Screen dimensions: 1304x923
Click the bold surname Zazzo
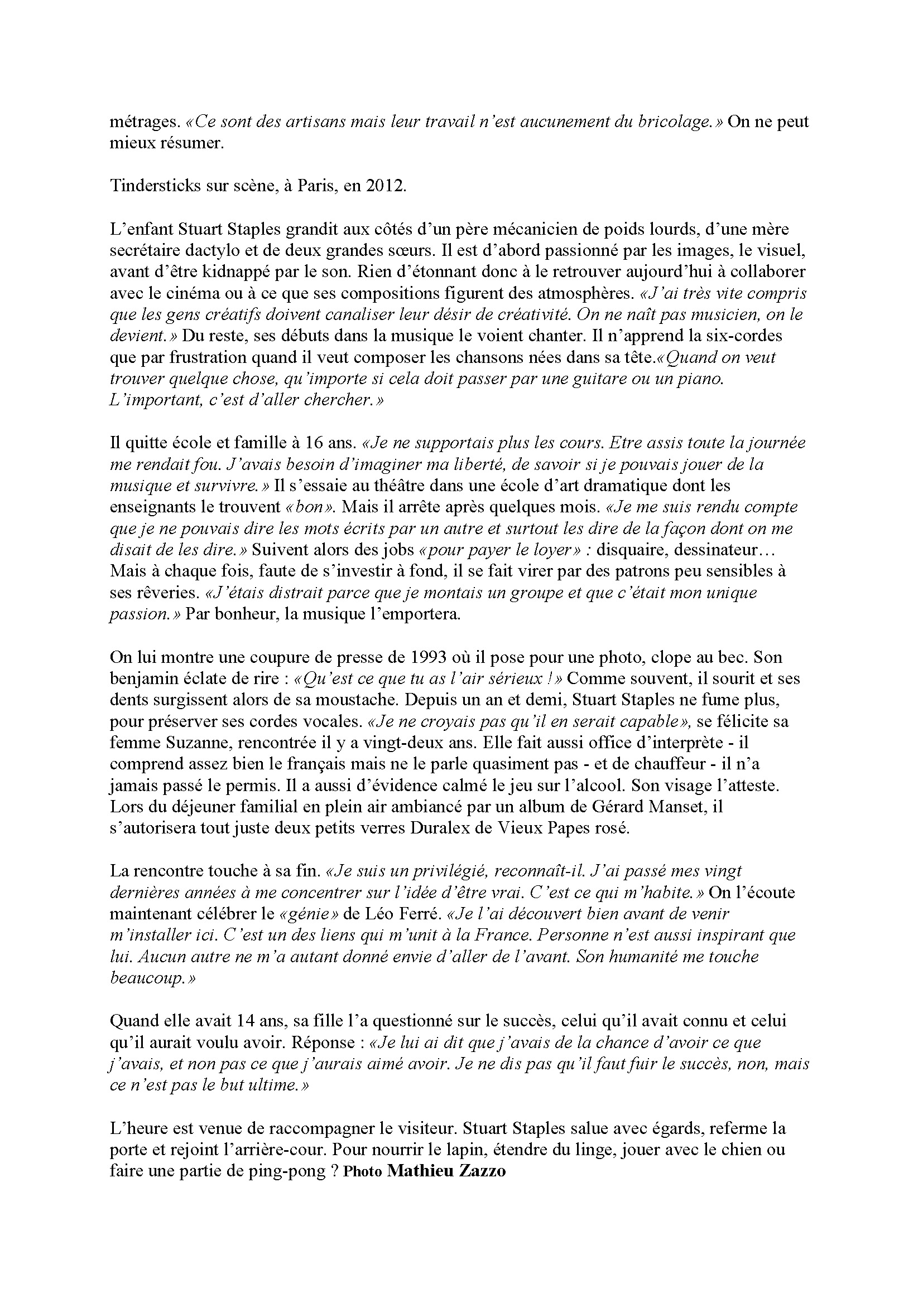tap(483, 1171)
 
